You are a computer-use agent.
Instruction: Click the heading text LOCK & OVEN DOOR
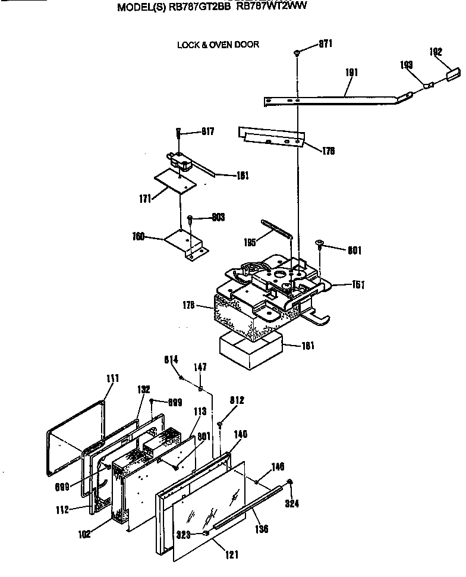tap(218, 45)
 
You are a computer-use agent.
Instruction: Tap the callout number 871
tap(325, 43)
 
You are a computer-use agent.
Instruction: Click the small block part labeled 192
tap(452, 74)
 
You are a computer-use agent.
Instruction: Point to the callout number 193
tap(407, 65)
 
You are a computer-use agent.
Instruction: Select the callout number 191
tap(352, 73)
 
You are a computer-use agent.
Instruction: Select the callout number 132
tap(143, 388)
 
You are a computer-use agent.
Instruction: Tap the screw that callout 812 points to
tap(220, 424)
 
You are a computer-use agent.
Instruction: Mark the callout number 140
tap(240, 435)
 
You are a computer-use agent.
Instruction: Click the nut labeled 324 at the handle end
tap(289, 482)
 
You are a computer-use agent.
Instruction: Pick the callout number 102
tap(84, 534)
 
